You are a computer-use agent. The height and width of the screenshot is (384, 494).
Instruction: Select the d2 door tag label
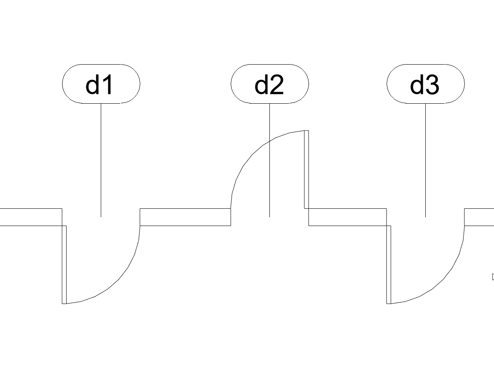tap(269, 84)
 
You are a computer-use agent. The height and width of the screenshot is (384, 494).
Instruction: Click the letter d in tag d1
tap(92, 84)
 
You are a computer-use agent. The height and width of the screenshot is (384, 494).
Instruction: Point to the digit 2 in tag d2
tap(277, 84)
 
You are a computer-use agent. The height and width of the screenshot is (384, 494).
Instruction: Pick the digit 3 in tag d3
tap(432, 85)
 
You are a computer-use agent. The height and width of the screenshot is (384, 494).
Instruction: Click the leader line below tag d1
tap(101, 161)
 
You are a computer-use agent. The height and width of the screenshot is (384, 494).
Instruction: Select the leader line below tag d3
tap(426, 161)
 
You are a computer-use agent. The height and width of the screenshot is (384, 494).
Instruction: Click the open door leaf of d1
tap(64, 265)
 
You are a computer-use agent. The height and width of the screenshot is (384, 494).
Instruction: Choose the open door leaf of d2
tap(306, 169)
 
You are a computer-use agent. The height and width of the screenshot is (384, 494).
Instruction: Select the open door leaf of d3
tap(389, 265)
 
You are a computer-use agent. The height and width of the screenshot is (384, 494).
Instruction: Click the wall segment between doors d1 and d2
tap(185, 217)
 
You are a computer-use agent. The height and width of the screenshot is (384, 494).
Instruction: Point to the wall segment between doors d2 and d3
tap(348, 217)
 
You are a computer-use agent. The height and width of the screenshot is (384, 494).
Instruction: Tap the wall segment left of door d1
tap(31, 217)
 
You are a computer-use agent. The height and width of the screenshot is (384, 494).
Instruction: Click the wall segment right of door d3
tap(479, 217)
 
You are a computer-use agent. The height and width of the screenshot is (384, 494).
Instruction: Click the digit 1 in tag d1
tap(107, 84)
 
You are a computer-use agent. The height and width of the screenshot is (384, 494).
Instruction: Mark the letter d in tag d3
tap(417, 84)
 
